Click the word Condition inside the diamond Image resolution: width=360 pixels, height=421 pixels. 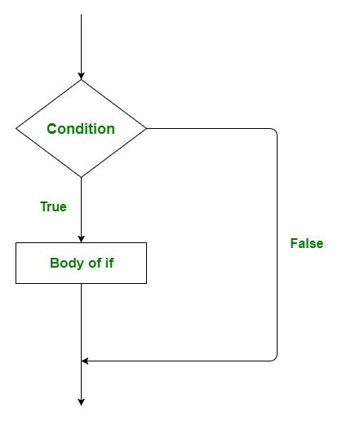coord(81,129)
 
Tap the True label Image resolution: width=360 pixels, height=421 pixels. coord(53,206)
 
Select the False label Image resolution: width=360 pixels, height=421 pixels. coord(307,243)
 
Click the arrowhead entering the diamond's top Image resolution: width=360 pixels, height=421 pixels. coord(82,74)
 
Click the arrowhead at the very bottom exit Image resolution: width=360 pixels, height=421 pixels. coord(82,401)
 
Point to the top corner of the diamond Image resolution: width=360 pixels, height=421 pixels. coord(82,80)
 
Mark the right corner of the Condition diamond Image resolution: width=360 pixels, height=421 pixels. coord(147,128)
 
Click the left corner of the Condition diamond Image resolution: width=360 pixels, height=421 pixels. coord(16,128)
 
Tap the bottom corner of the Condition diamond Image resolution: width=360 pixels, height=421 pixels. coord(82,177)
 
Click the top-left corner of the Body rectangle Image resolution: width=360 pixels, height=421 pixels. coord(16,242)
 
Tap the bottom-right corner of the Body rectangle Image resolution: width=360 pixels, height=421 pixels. coord(147,283)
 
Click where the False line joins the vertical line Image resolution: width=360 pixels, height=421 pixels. coord(82,361)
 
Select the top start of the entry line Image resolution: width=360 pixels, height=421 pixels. coord(82,15)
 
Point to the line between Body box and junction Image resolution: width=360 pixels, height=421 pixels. coord(82,322)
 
